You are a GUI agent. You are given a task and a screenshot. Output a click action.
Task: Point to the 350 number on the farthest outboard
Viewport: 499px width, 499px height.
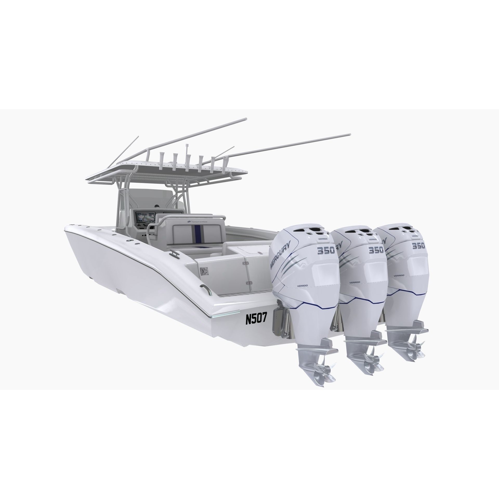pyautogui.click(x=418, y=246)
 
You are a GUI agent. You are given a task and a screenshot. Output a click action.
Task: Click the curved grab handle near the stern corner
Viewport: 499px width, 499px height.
pyautogui.click(x=206, y=288)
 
